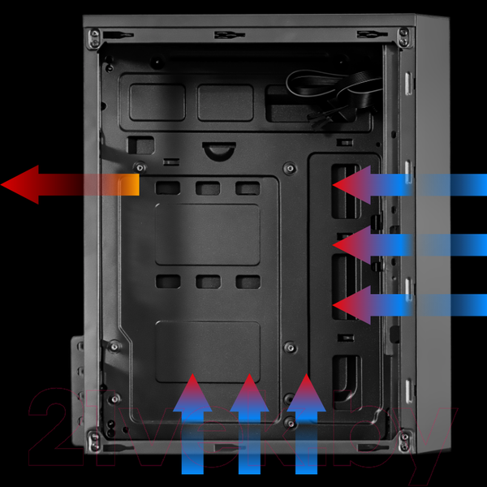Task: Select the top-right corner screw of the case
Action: point(403,34)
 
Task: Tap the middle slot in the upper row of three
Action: point(208,188)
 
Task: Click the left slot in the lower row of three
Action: point(169,282)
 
